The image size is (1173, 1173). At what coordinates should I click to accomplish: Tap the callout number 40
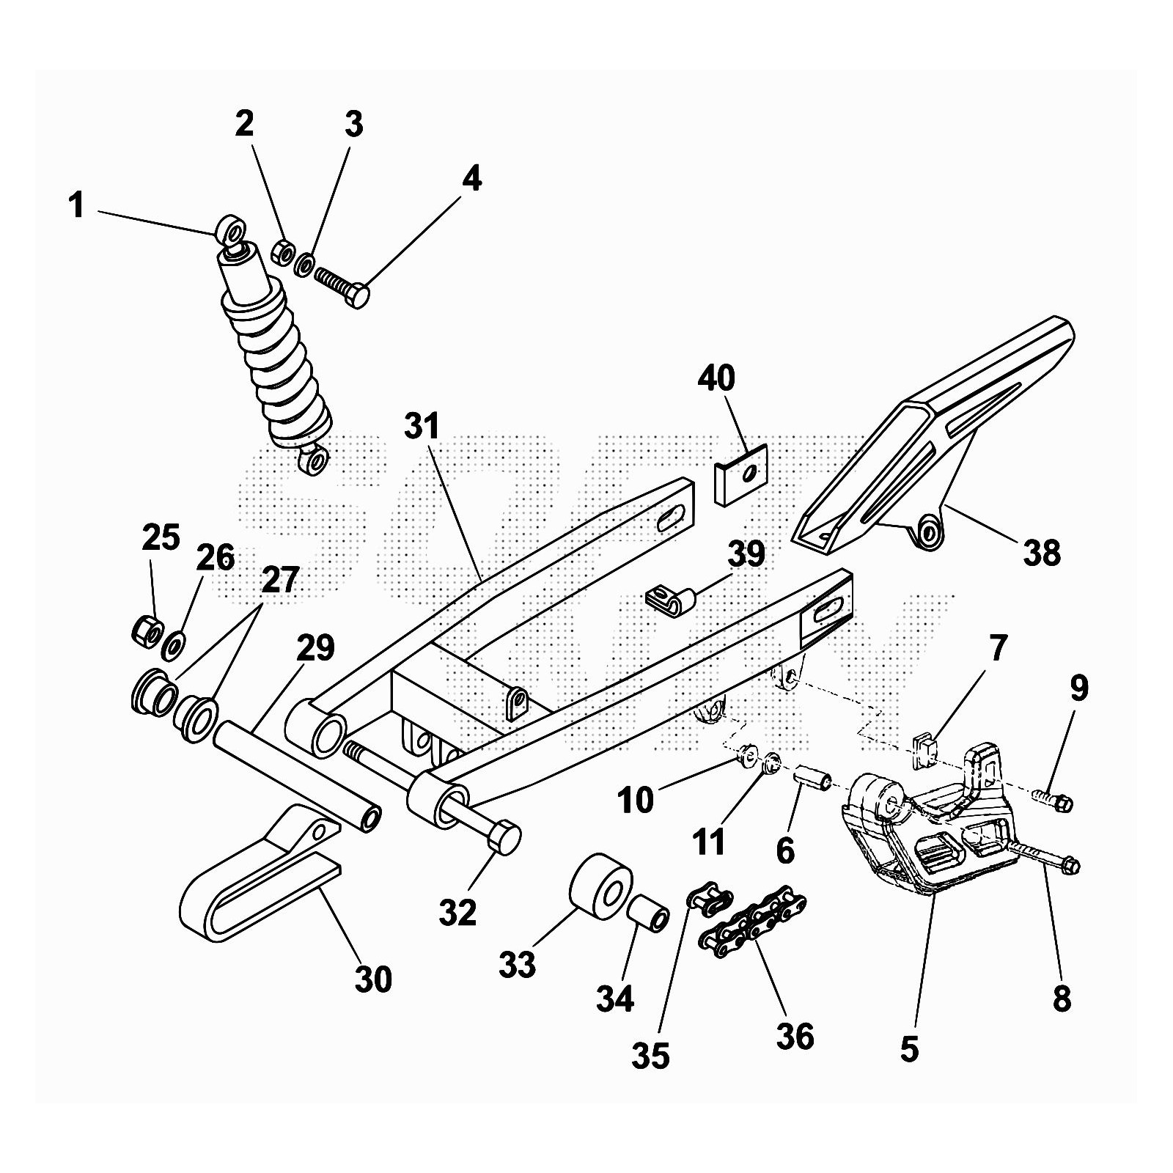tap(716, 378)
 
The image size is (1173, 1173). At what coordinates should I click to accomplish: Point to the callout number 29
tap(315, 648)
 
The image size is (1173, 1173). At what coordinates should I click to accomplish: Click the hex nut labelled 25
tap(145, 630)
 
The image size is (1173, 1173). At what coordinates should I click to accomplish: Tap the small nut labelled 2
tap(282, 252)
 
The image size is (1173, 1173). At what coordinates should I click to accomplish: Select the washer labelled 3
tap(304, 264)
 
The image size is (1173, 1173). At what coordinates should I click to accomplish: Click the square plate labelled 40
tap(741, 474)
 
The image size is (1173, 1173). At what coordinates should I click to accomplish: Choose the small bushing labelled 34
tap(648, 913)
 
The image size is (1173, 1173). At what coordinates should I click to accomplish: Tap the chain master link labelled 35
tap(708, 900)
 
